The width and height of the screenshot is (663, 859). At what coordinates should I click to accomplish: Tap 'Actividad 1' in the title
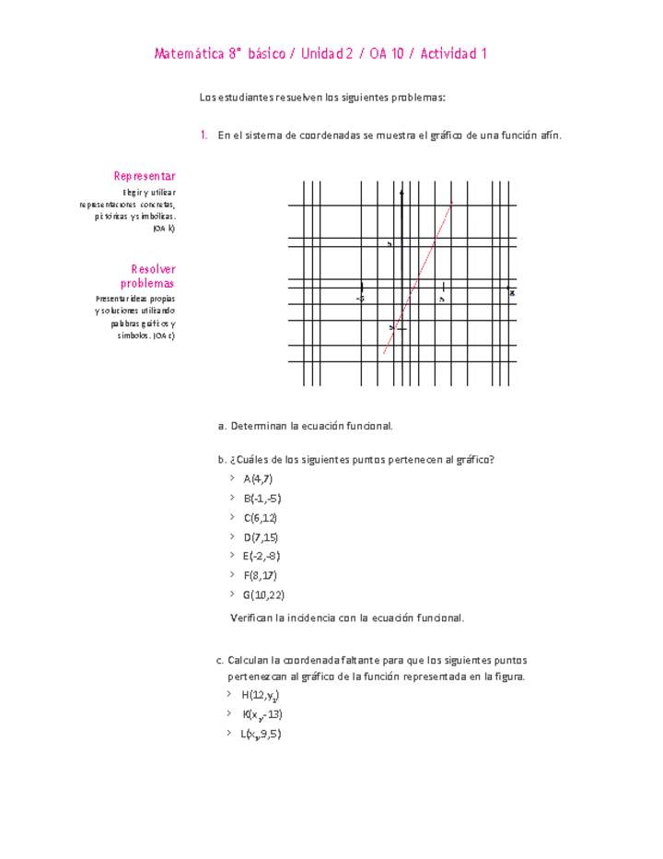454,54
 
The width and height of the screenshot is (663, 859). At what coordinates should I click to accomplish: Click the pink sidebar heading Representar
145,176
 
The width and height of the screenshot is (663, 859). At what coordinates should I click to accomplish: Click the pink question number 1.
203,135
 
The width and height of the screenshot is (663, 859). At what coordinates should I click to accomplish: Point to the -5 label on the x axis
361,299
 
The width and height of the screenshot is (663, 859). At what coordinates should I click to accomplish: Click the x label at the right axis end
512,292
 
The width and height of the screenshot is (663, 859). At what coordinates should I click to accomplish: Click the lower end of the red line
384,353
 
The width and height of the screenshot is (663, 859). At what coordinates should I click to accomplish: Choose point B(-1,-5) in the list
262,498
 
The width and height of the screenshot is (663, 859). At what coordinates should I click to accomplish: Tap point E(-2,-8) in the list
262,556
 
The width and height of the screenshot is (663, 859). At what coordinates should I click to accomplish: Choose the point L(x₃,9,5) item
261,735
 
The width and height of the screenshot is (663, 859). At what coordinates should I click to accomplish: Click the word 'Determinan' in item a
259,426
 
